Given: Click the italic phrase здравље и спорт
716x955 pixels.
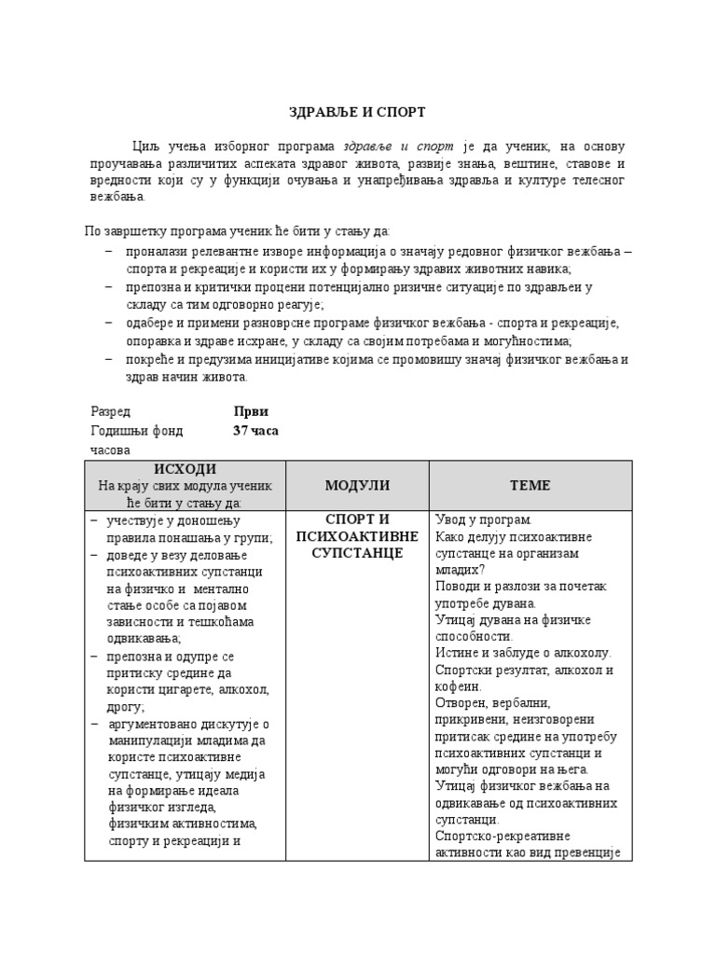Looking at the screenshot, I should point(398,146).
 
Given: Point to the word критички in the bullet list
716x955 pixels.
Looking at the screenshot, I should point(235,288).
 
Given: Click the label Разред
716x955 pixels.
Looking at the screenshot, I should point(110,411).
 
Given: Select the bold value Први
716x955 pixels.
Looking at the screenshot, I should point(250,411).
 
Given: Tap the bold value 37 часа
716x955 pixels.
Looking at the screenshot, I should point(255,431).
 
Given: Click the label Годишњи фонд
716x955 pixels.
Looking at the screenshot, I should point(136,431).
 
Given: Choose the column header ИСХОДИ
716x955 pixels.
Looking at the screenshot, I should point(184,468).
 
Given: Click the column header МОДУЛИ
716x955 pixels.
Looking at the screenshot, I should point(357,485).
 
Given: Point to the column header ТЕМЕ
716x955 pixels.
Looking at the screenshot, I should point(530,485).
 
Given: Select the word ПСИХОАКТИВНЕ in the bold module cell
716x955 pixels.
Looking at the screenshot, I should point(357,536).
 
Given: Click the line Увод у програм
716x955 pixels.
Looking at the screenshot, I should point(483,519).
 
